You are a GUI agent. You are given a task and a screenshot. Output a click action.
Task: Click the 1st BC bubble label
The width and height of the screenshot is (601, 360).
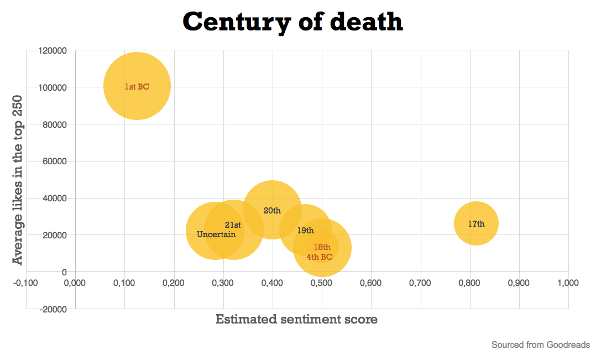[x=137, y=87]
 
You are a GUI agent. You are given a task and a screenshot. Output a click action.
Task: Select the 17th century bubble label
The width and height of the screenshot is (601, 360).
[x=476, y=224]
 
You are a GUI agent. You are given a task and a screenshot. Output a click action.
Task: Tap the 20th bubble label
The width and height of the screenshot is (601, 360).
[x=272, y=211]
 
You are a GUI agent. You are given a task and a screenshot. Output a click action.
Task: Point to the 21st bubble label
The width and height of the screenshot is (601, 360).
[x=233, y=225]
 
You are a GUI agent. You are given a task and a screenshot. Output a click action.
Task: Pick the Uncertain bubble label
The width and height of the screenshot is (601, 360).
[x=216, y=234]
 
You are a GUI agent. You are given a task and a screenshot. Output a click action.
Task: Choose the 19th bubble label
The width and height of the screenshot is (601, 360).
[x=305, y=231]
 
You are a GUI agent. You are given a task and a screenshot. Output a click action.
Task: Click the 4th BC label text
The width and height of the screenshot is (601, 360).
[x=320, y=257]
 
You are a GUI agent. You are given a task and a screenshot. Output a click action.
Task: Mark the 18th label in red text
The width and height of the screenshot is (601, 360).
[x=322, y=247]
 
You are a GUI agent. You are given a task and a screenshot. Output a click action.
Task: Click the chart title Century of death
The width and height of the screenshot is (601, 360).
[x=293, y=22]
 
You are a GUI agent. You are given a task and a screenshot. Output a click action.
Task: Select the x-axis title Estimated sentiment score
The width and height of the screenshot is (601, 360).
[x=296, y=319]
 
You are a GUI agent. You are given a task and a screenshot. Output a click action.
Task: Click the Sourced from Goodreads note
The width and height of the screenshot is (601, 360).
[x=540, y=345]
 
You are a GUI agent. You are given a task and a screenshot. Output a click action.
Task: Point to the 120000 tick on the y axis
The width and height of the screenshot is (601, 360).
[x=53, y=50]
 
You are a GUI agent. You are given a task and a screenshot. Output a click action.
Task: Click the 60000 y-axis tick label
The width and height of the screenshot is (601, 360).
[x=55, y=161]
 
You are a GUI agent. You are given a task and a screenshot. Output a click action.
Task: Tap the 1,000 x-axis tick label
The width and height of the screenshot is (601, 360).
[x=568, y=283]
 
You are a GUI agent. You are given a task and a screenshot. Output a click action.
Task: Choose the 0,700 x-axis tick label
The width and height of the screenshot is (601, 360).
[x=420, y=283]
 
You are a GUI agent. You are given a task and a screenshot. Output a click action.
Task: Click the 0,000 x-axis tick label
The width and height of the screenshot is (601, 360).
[x=75, y=283]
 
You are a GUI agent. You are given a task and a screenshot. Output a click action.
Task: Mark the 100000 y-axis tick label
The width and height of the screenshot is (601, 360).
[x=53, y=87]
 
